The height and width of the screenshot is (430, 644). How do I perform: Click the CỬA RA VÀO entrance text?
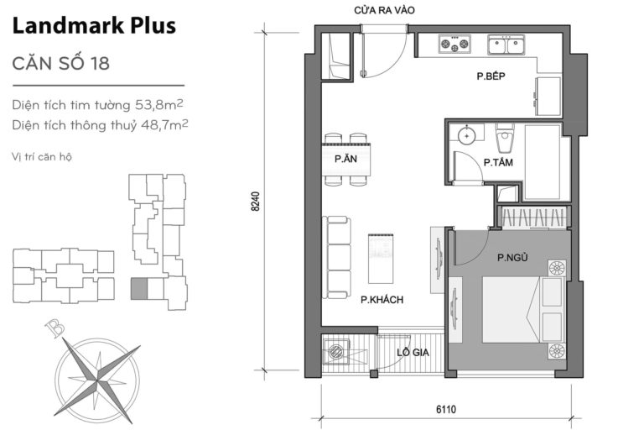tap(385, 11)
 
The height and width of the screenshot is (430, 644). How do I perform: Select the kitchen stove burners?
tap(454, 43)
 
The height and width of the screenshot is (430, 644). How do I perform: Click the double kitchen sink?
tap(506, 44)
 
